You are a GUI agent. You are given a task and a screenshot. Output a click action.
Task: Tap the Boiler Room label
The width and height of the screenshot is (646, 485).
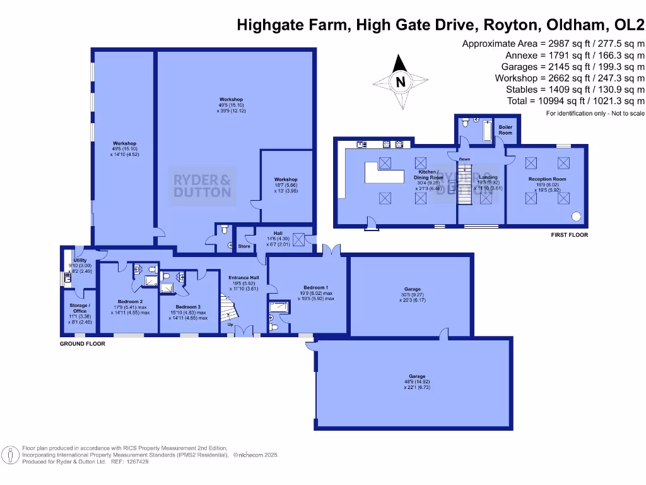[x=506, y=129]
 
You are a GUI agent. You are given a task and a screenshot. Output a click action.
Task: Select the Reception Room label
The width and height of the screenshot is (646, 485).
[x=547, y=179]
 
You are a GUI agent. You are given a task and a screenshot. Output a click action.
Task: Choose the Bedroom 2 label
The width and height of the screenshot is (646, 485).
[x=130, y=302]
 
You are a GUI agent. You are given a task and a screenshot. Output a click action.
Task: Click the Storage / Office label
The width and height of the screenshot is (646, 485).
[x=79, y=308]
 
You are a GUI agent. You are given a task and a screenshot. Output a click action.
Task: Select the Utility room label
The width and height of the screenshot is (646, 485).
[x=79, y=260]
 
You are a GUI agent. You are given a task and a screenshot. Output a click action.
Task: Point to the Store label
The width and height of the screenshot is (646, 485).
[x=244, y=246]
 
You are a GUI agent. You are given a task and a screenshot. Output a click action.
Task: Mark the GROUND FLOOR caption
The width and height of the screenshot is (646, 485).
[x=82, y=344]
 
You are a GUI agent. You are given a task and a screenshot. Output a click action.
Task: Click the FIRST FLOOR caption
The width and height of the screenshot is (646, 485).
[x=569, y=235]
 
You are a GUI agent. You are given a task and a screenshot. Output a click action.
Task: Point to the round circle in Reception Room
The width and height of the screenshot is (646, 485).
[x=577, y=217]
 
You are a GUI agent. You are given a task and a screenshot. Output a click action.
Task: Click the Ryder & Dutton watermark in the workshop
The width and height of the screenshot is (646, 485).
[x=203, y=186]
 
